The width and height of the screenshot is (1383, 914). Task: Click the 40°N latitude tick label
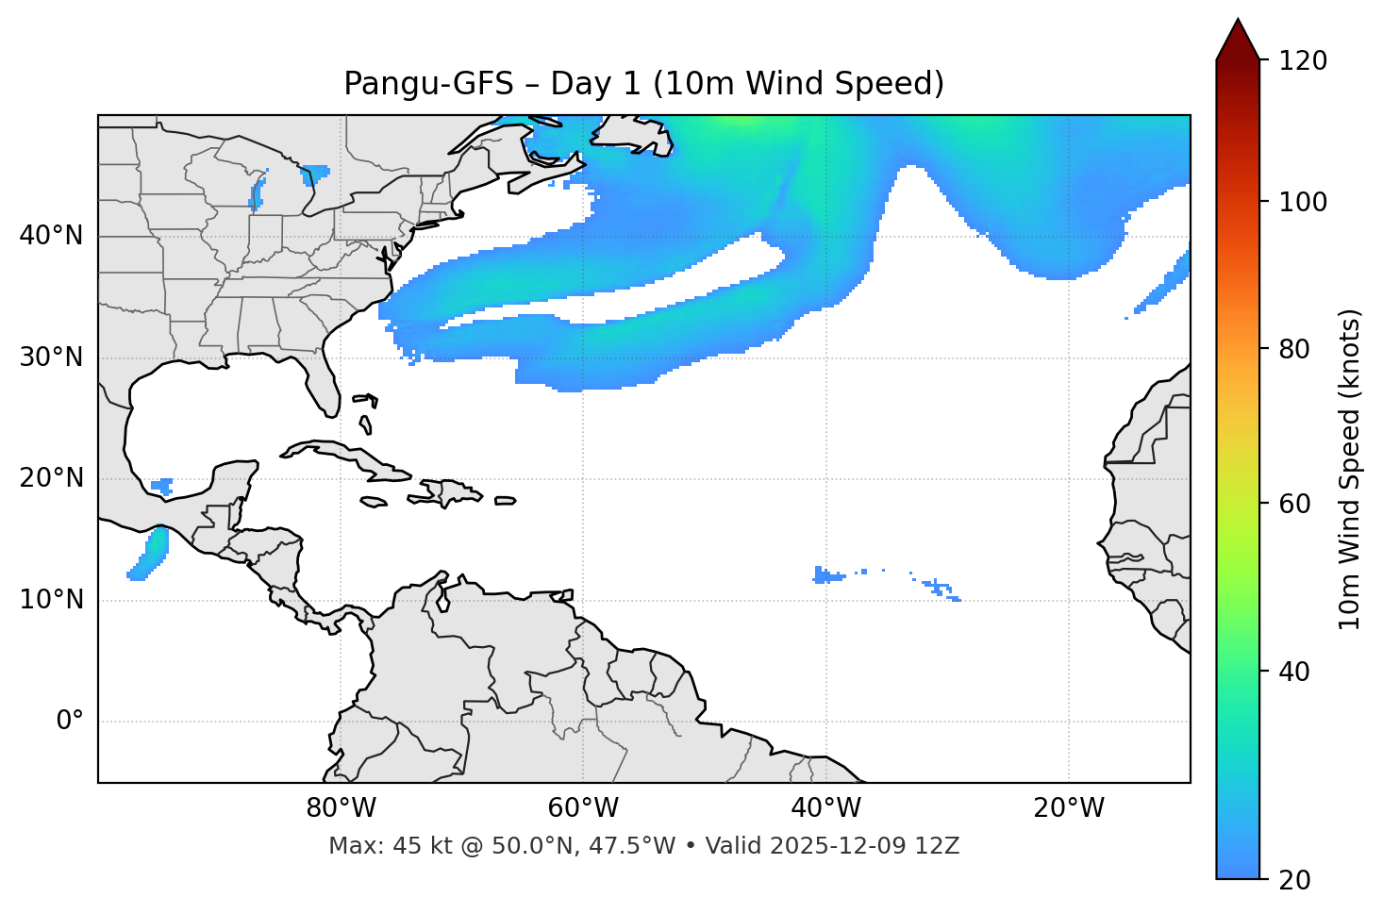coord(51,236)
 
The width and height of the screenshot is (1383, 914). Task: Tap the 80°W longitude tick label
coord(341,808)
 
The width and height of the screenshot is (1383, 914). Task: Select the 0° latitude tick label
coord(70,722)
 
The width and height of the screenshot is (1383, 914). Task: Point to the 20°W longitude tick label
coord(1069,808)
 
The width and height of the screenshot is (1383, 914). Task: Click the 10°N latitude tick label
coord(51,600)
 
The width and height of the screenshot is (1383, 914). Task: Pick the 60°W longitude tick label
coord(583,808)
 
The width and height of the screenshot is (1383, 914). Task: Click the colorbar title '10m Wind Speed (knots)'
coord(1350,470)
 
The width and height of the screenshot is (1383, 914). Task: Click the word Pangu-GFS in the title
coord(427,84)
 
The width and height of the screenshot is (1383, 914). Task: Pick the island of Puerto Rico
coord(505,501)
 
